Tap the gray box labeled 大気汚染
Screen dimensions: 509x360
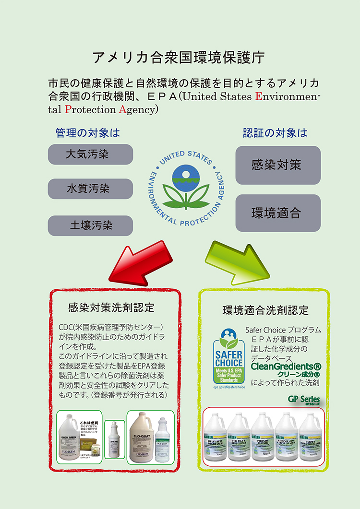(90, 154)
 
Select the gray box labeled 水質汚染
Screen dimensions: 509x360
(90, 189)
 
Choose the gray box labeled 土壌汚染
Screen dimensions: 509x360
(90, 225)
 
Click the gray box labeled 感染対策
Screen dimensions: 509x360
(278, 165)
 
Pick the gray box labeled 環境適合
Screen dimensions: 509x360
(278, 213)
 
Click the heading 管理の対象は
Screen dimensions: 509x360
(87, 132)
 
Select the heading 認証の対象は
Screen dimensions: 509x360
(275, 132)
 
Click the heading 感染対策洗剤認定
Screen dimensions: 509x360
(111, 307)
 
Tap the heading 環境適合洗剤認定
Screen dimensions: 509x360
(265, 310)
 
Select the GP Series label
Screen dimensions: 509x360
(304, 399)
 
